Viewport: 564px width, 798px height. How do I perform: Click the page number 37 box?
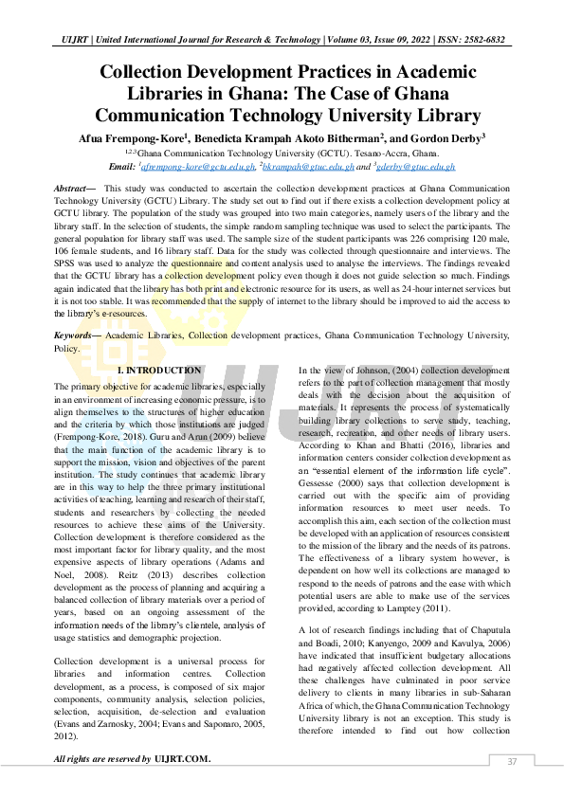pos(512,761)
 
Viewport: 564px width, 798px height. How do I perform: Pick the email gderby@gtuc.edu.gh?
pos(416,166)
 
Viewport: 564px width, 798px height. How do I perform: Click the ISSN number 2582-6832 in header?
pos(482,41)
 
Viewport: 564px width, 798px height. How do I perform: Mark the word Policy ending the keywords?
pos(67,348)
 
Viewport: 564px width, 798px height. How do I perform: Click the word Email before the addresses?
pos(120,166)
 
